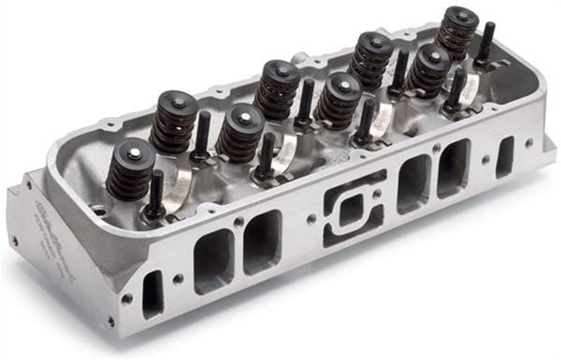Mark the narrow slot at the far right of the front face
pos(505,156)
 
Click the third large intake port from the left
pos(412,182)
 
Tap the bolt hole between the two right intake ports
pos(435,148)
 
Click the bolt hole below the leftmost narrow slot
pos(126,299)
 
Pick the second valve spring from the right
pos(430,69)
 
